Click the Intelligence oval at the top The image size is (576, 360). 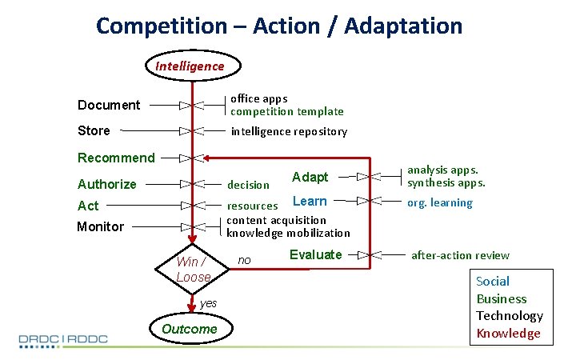click(x=190, y=66)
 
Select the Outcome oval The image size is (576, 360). click(x=190, y=329)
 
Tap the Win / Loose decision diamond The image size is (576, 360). click(x=193, y=270)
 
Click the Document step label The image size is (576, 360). click(x=109, y=105)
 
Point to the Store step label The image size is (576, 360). click(x=94, y=130)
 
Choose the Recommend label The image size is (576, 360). click(x=116, y=158)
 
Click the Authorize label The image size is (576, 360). click(x=107, y=184)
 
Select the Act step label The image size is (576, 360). click(x=88, y=206)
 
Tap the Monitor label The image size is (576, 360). click(x=100, y=226)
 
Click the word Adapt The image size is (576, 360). click(x=310, y=177)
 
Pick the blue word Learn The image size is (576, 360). click(x=310, y=202)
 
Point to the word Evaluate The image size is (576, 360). click(x=315, y=254)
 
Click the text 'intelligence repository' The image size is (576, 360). click(x=289, y=131)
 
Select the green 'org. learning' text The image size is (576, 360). click(x=440, y=202)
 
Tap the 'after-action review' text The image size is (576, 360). click(x=460, y=255)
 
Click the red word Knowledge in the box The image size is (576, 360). click(x=508, y=334)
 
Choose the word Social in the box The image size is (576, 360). click(x=493, y=281)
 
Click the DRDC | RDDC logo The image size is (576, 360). click(x=63, y=339)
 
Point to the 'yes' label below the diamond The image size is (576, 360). click(x=208, y=303)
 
